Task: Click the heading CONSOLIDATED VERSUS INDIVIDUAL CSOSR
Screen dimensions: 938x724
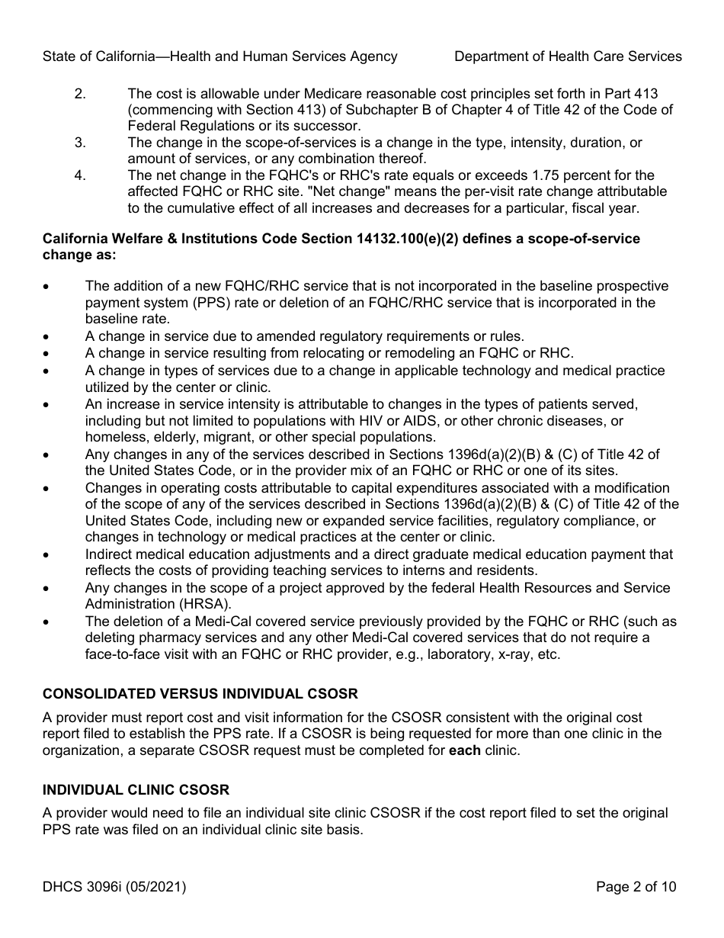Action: [200, 694]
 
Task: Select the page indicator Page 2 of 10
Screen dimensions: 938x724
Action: [636, 887]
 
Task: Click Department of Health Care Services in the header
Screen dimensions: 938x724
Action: [568, 56]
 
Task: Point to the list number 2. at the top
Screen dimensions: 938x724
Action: [80, 94]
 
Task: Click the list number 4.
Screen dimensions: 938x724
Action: [80, 175]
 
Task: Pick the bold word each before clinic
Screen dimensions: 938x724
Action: [465, 750]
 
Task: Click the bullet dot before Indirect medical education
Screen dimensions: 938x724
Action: [48, 555]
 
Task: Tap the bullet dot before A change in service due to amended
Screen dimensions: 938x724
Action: [48, 336]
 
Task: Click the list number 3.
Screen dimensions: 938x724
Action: [80, 143]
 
